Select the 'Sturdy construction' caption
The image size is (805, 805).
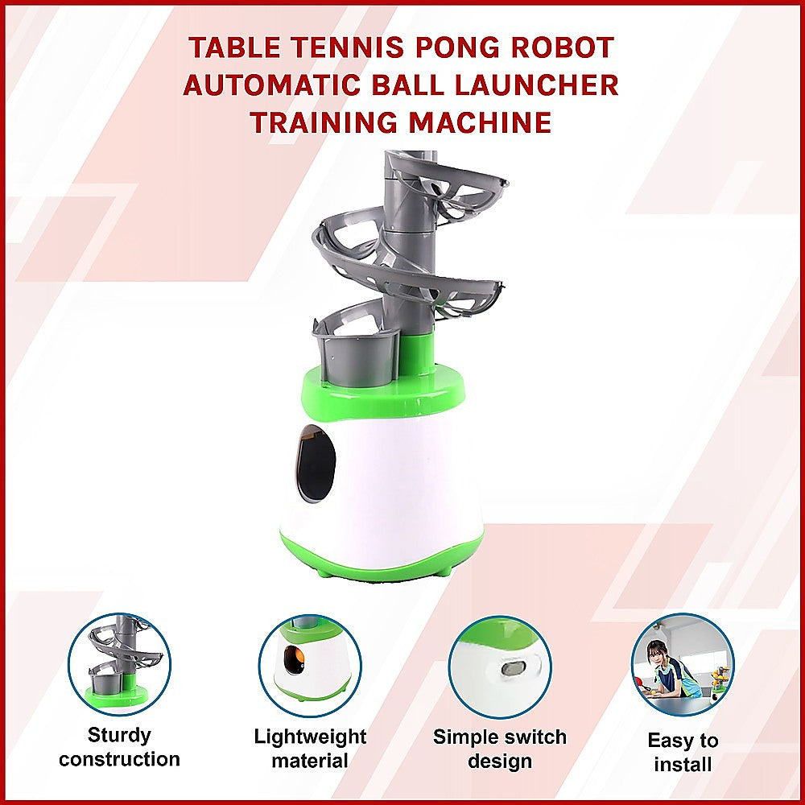(x=119, y=747)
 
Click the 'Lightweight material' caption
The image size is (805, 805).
(x=310, y=749)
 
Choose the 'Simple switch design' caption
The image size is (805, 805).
(x=500, y=749)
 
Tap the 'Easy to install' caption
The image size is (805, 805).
(x=683, y=752)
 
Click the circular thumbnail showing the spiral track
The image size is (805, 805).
(x=119, y=663)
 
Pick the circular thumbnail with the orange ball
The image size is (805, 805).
(x=310, y=663)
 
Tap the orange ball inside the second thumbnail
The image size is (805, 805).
(x=299, y=658)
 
